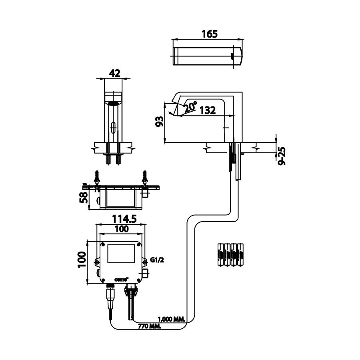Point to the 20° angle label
click(x=191, y=106)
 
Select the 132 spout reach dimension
click(x=208, y=110)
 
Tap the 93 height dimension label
click(x=159, y=122)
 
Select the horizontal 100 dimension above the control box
click(x=121, y=229)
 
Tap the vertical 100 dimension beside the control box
click(x=82, y=262)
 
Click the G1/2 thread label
click(x=157, y=260)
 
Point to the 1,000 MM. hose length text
click(x=171, y=319)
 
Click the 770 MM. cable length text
click(x=150, y=326)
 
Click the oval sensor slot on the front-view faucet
click(x=114, y=128)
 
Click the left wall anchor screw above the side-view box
click(x=97, y=176)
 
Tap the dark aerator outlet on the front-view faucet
click(x=114, y=104)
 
